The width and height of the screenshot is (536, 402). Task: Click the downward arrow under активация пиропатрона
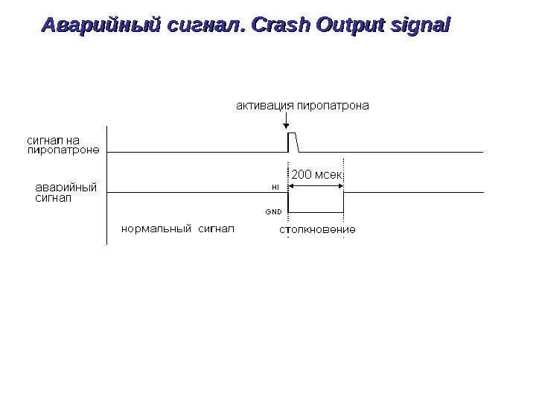tap(287, 121)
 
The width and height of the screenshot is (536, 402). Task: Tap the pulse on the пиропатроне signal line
tap(293, 141)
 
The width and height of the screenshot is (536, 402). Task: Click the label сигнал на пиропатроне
tap(63, 143)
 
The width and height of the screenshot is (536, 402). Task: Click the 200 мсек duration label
tap(316, 175)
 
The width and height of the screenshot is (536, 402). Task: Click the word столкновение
tap(317, 229)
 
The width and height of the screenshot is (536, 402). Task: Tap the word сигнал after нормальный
tap(215, 228)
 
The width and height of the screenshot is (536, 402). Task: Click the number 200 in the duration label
tap(301, 175)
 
